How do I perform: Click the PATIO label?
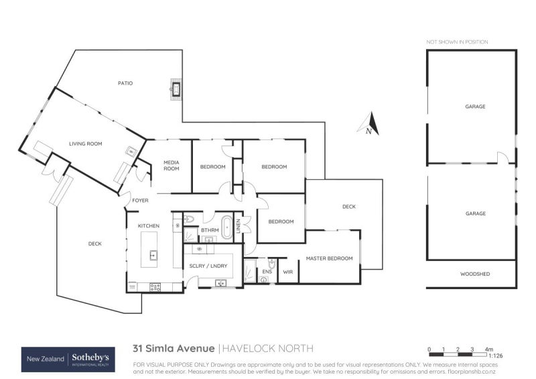[125, 84]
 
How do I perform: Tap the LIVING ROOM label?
[85, 143]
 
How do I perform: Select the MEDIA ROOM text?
[171, 164]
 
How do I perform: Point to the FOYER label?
[140, 201]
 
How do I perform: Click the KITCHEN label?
[148, 226]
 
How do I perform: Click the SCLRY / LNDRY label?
[209, 266]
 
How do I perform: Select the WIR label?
[288, 272]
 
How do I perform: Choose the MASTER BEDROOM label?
[329, 258]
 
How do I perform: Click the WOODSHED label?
[472, 274]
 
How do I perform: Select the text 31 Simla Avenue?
[174, 348]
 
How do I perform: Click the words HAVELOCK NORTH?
[267, 348]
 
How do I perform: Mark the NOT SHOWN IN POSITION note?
[458, 42]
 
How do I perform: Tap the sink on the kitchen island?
[153, 254]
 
